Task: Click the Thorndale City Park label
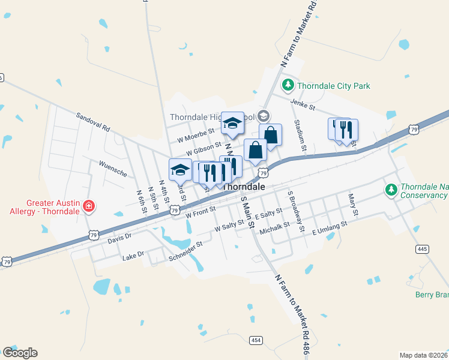point(334,86)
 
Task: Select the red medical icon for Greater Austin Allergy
point(89,206)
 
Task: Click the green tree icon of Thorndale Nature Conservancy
point(391,190)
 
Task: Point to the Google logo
point(20,353)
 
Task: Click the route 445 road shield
point(421,248)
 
